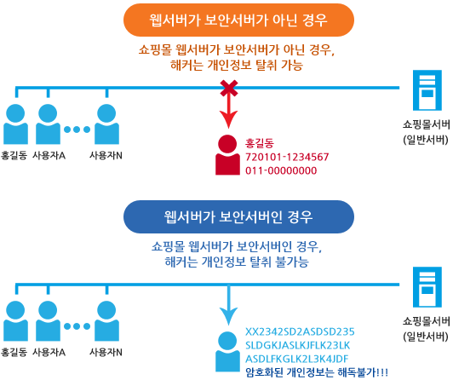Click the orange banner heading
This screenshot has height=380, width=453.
click(238, 20)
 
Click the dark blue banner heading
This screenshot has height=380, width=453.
click(238, 216)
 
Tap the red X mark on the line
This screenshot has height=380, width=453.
click(229, 88)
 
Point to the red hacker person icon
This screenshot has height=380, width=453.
click(227, 155)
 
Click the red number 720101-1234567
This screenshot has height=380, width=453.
click(287, 157)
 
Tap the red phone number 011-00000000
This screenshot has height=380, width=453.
click(281, 170)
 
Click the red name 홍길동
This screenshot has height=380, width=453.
click(260, 143)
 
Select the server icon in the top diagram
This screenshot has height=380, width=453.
click(427, 90)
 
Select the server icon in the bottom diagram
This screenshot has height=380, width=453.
click(427, 287)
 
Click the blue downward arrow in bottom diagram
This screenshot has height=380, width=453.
click(228, 305)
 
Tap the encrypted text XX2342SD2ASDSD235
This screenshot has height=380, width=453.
click(300, 331)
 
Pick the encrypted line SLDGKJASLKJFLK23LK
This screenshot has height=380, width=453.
click(297, 345)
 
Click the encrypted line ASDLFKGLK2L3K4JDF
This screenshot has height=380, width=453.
click(297, 359)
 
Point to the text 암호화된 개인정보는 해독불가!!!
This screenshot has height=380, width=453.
click(317, 372)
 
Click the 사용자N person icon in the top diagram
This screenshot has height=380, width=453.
click(106, 124)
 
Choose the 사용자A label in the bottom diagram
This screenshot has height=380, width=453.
click(49, 352)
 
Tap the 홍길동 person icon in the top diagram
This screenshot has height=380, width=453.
click(15, 124)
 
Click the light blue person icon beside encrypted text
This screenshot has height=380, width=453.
click(227, 352)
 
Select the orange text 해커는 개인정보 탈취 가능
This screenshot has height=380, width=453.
click(237, 65)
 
